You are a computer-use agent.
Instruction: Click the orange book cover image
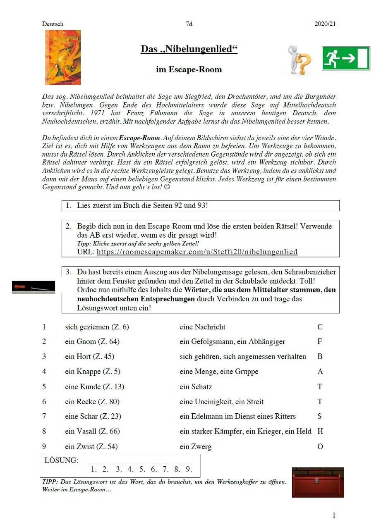63,57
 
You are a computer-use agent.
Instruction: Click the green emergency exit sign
345,58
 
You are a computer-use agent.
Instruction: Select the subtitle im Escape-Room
189,69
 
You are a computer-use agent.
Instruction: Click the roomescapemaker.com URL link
197,252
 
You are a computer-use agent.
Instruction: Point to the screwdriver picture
34,287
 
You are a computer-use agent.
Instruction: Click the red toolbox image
318,482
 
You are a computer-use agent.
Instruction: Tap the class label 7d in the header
189,24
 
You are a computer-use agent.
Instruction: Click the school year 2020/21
325,24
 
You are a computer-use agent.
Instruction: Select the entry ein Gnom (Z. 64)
92,342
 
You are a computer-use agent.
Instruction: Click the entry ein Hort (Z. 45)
89,357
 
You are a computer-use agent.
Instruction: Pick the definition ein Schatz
196,387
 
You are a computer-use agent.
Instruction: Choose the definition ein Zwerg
195,447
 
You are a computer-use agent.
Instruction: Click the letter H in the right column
320,431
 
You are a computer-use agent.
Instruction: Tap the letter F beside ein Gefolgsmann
320,342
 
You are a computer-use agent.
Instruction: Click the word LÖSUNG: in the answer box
61,460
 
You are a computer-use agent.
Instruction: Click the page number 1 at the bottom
334,515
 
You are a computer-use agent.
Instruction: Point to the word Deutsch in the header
53,24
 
